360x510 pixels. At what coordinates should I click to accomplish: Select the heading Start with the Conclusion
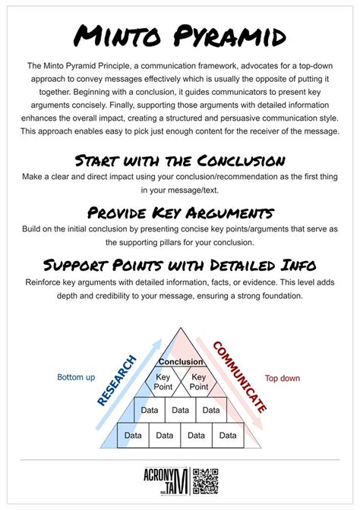(x=180, y=160)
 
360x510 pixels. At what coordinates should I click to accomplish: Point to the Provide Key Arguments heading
(x=180, y=212)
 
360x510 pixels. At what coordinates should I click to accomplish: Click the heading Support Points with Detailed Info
(x=180, y=265)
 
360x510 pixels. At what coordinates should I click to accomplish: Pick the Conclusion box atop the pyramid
(x=180, y=362)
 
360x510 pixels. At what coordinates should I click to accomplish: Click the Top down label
(x=282, y=378)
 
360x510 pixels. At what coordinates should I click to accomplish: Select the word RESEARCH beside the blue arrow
(x=116, y=379)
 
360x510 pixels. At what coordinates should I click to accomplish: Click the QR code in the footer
(x=205, y=480)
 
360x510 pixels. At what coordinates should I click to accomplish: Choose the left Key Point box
(x=163, y=382)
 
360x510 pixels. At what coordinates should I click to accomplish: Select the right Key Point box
(x=198, y=382)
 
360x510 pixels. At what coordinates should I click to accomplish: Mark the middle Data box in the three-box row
(x=180, y=410)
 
